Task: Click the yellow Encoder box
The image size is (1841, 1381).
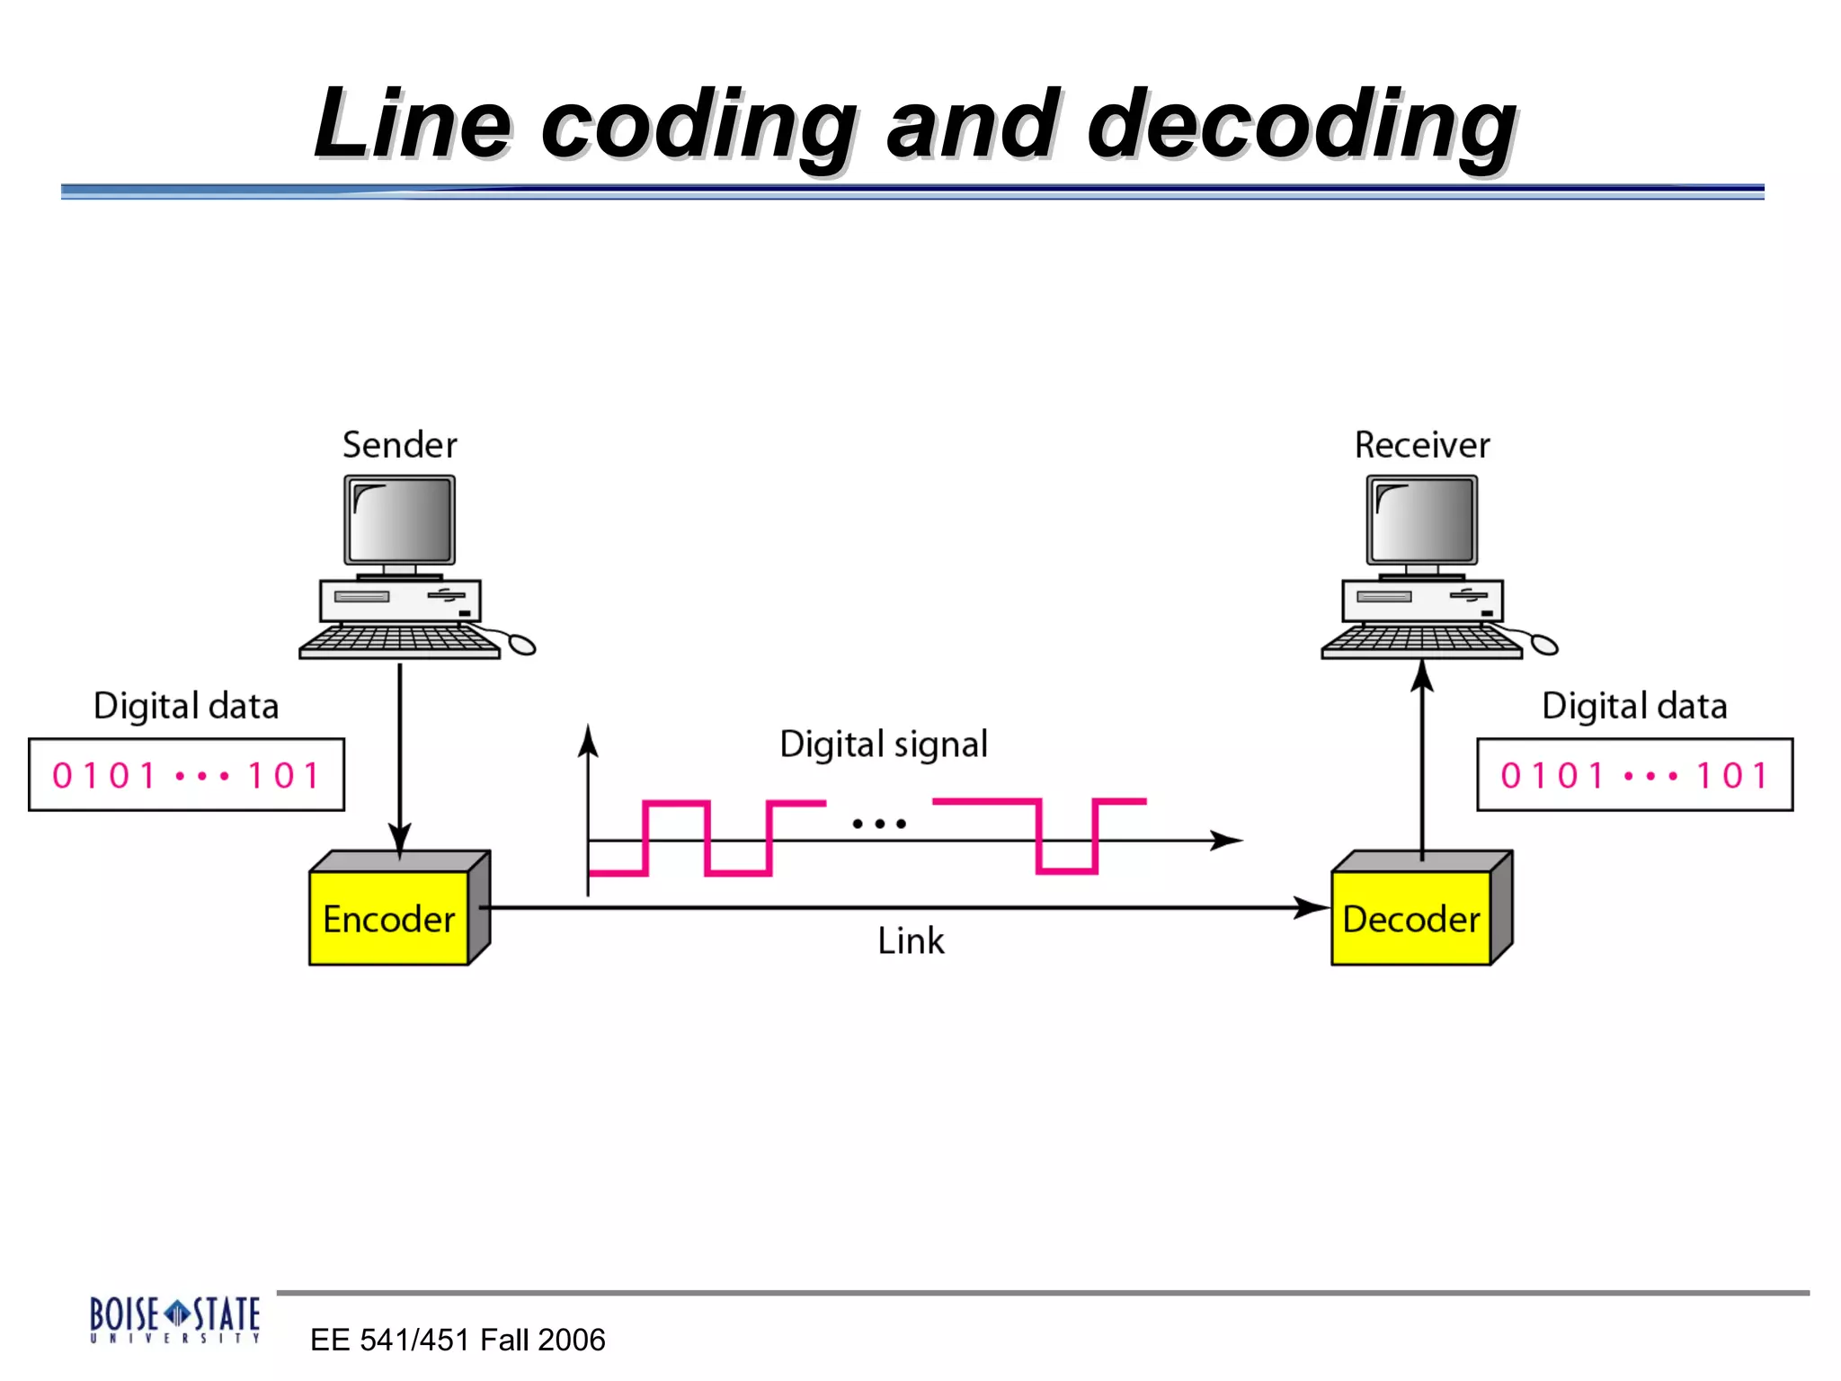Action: click(389, 918)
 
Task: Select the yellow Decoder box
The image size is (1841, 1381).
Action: click(1410, 918)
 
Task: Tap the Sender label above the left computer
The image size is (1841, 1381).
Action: click(400, 445)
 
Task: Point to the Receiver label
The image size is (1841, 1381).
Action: click(1422, 445)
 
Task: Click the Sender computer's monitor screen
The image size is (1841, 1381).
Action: click(400, 520)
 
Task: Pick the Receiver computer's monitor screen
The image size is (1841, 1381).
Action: click(1422, 520)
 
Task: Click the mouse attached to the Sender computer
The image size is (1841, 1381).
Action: click(522, 644)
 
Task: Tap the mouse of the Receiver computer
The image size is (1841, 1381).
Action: click(1544, 644)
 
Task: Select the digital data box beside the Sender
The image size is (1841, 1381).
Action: click(186, 775)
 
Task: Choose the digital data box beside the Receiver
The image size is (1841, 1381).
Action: click(1634, 775)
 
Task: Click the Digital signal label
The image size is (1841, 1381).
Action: click(884, 744)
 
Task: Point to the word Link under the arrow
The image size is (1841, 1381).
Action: click(911, 941)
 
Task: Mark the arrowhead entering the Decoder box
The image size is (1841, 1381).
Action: click(1312, 907)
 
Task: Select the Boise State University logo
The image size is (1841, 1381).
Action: click(174, 1319)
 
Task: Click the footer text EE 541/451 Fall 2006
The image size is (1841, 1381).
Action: click(458, 1340)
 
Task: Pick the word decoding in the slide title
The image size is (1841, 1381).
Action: click(1302, 126)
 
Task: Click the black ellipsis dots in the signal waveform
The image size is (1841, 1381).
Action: click(879, 823)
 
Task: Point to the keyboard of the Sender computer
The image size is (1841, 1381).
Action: click(398, 641)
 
